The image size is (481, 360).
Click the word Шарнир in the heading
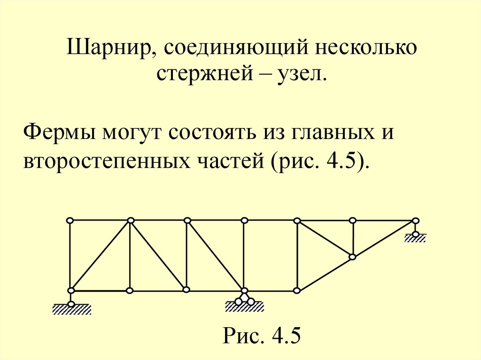[105, 49]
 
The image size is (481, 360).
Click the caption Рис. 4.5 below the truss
[262, 336]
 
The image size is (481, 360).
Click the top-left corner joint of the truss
[70, 220]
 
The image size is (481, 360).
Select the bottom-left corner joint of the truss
[71, 291]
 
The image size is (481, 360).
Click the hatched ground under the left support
[71, 309]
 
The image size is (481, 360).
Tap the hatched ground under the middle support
[244, 307]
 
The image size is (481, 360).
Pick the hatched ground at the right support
[415, 238]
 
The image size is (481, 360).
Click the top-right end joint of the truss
[415, 220]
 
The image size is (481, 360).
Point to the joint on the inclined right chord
[353, 257]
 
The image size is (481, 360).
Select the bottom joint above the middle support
[244, 291]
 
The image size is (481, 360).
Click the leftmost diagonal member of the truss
[101, 255]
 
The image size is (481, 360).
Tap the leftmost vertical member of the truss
[70, 255]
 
